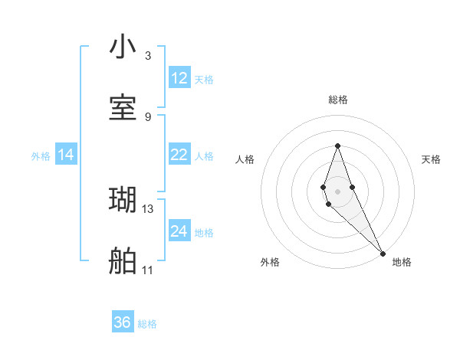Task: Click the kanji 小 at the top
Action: tap(123, 47)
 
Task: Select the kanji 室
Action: tap(123, 108)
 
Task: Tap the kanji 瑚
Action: tap(123, 200)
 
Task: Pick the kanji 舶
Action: tap(123, 261)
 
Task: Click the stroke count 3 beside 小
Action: tap(148, 56)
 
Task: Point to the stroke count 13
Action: tap(148, 208)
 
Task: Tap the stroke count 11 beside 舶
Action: tap(148, 270)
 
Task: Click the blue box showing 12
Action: tap(179, 78)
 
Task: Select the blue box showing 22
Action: tap(179, 155)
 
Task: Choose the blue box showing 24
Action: tap(179, 231)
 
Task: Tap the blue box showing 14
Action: tap(66, 155)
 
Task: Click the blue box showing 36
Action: tap(123, 322)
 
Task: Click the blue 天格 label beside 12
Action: tap(204, 80)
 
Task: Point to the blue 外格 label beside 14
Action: tap(41, 156)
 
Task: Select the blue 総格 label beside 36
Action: tap(147, 324)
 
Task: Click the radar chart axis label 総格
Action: tap(338, 100)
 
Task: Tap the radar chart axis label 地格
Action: tap(402, 262)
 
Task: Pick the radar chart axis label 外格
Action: tap(270, 262)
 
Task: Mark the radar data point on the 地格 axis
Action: tap(383, 253)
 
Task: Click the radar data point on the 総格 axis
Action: tap(337, 145)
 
